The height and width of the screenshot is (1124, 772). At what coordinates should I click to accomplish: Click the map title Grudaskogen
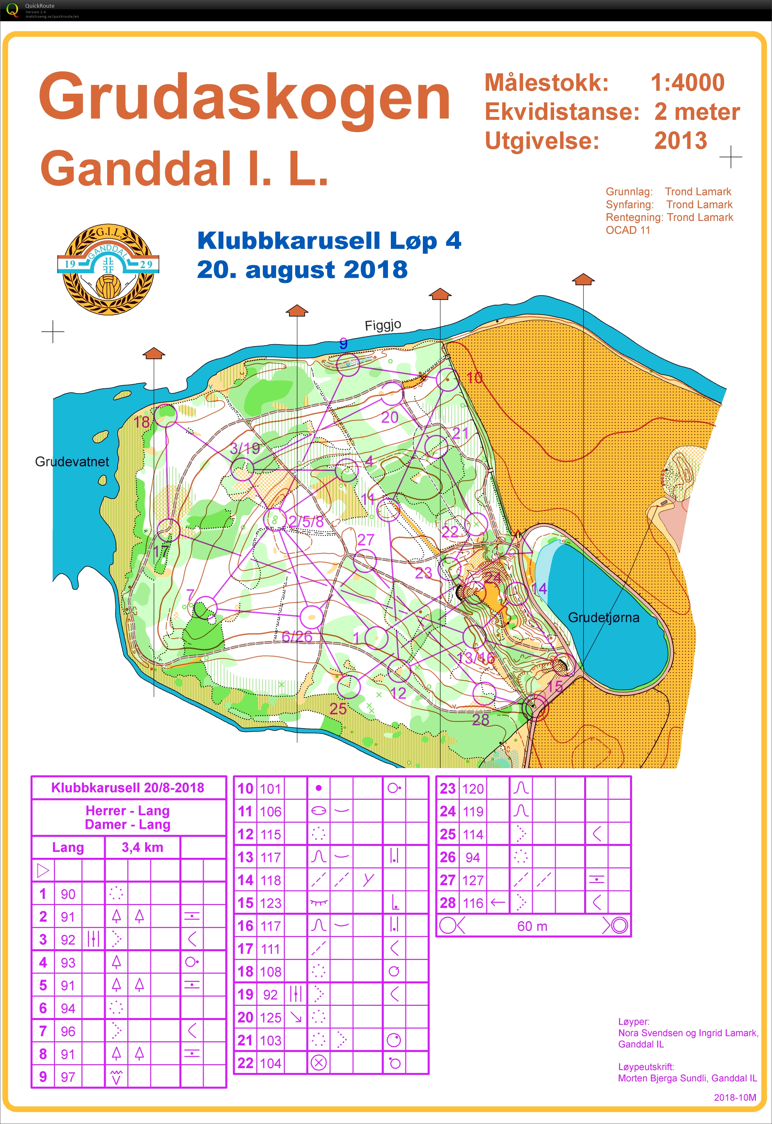244,97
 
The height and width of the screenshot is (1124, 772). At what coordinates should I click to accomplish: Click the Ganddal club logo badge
108,269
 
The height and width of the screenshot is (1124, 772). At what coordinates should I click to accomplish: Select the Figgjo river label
382,325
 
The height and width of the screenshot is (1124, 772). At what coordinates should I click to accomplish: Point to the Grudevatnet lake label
72,462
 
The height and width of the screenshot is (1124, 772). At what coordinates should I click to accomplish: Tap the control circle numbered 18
165,415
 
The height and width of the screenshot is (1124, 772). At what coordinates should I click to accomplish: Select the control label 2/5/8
306,521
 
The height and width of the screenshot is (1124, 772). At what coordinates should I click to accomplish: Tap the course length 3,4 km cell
142,847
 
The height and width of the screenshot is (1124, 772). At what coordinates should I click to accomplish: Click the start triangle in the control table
43,870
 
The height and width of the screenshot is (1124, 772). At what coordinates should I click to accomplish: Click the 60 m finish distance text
532,926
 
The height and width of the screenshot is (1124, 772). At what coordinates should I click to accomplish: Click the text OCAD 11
628,230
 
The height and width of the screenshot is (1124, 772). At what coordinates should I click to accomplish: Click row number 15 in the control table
245,902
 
